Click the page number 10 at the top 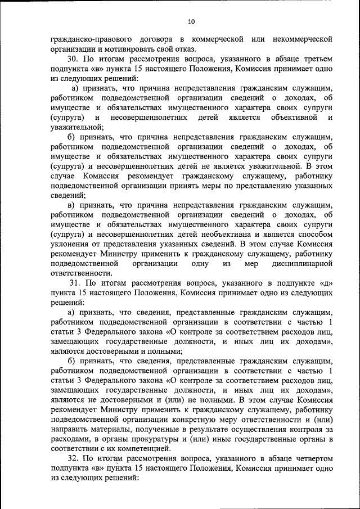point(191,21)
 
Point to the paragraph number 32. point(73,458)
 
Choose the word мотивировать point(121,49)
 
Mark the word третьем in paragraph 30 point(313,58)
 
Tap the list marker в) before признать point(71,205)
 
